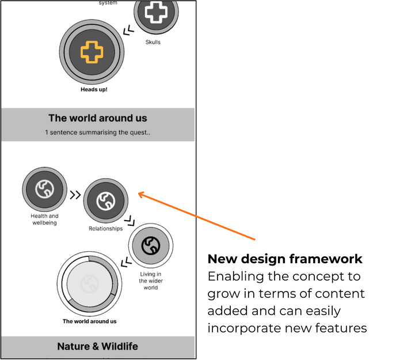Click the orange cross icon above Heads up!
tap(92, 52)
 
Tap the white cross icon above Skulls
tap(155, 12)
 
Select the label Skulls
tap(153, 42)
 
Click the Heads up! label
tap(94, 90)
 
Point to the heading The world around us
tap(98, 118)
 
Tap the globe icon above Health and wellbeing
tap(44, 190)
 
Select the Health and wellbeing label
tap(44, 219)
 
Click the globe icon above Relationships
tap(105, 201)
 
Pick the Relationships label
tap(106, 229)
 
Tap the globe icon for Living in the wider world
tap(150, 245)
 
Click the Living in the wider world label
tap(150, 281)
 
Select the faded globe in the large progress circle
tap(89, 284)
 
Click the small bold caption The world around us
tap(89, 321)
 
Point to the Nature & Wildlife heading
tap(97, 346)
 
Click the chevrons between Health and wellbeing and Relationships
tap(75, 195)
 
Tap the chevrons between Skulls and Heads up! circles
tap(129, 29)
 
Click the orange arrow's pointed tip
tap(139, 194)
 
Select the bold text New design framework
tap(285, 259)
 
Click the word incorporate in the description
tap(241, 328)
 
